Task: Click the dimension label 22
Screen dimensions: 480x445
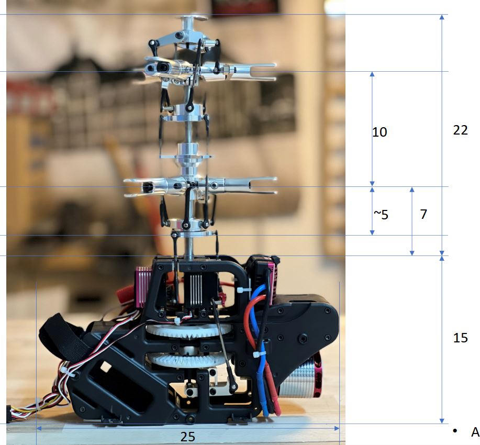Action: pos(461,130)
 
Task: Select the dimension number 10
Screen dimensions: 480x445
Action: pos(379,132)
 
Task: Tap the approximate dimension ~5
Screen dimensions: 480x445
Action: pos(381,214)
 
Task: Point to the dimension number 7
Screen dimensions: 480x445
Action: pos(423,214)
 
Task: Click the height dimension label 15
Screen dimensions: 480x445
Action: pos(461,338)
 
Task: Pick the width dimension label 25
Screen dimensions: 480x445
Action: pos(187,437)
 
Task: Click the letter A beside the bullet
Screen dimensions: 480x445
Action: pos(475,432)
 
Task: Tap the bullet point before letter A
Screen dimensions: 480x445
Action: pos(455,431)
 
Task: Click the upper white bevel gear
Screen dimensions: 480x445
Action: pos(188,330)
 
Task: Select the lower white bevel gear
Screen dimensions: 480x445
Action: pos(189,359)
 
